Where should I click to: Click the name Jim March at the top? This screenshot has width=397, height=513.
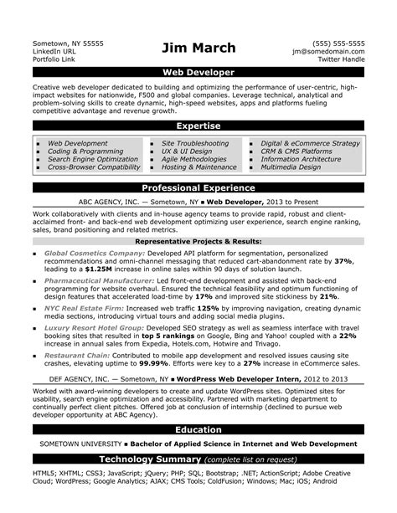click(198, 49)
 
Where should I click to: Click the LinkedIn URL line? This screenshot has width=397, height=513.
click(55, 51)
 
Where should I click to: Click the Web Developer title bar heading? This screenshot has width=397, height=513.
click(198, 74)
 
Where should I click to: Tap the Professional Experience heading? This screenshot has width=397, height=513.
click(198, 188)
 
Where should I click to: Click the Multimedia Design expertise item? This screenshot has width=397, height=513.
click(291, 167)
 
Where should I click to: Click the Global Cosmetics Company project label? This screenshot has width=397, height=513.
click(93, 252)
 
